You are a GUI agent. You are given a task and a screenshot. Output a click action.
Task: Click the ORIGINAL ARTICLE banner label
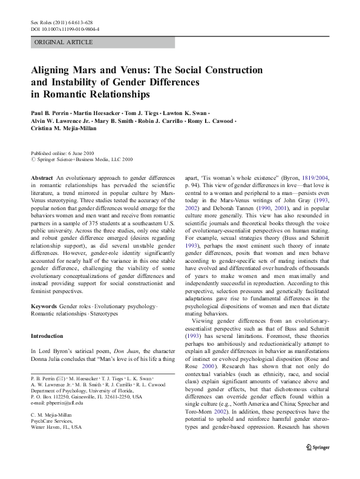tap(64, 42)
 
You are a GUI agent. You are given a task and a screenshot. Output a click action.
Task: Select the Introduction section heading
tap(47, 335)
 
